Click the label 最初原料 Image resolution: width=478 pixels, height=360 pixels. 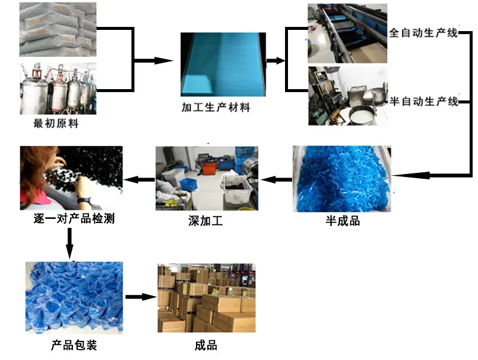[56, 123]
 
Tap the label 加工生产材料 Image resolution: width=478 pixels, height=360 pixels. [216, 107]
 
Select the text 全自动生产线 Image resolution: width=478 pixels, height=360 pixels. [424, 33]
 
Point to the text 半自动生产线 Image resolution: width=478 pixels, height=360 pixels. [424, 101]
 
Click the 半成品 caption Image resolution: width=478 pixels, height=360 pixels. [342, 221]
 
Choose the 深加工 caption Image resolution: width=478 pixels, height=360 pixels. [206, 221]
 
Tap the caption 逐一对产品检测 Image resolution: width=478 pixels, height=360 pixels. [74, 218]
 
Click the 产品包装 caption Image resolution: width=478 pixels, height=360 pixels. [74, 345]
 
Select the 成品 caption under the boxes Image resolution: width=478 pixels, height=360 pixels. [206, 346]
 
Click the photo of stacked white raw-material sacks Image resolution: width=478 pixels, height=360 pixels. [58, 29]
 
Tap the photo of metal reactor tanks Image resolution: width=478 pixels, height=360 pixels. [58, 89]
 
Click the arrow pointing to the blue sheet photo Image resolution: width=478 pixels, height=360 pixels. [154, 60]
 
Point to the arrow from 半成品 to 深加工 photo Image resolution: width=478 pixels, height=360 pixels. [277, 179]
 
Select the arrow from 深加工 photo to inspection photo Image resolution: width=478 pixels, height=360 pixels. [139, 179]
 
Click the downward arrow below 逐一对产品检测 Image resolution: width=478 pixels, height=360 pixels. [70, 244]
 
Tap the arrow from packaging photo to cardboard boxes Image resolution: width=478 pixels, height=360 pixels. [141, 297]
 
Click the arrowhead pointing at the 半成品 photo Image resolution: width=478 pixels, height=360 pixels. [410, 175]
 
